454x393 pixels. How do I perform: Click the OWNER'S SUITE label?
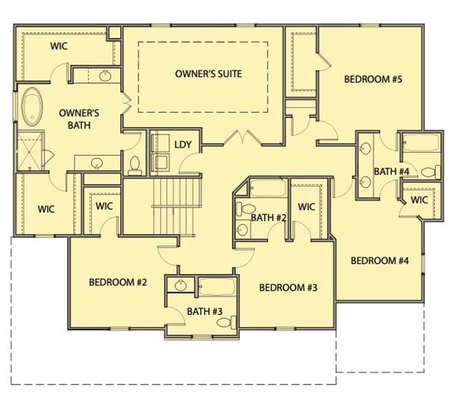[208, 74]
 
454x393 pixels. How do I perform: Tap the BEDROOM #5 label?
[373, 80]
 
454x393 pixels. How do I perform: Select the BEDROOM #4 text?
[379, 261]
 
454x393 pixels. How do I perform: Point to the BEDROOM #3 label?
[288, 288]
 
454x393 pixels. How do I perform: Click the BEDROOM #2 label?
[118, 283]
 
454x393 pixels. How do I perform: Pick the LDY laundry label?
[183, 145]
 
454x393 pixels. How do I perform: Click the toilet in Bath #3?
[227, 322]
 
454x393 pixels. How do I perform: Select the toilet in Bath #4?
[430, 172]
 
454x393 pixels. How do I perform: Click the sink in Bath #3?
[181, 285]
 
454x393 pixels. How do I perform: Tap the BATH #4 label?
[391, 172]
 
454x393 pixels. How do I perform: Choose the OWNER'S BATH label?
[74, 118]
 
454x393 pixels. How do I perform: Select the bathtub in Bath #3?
[217, 286]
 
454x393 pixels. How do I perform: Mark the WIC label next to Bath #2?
[307, 207]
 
